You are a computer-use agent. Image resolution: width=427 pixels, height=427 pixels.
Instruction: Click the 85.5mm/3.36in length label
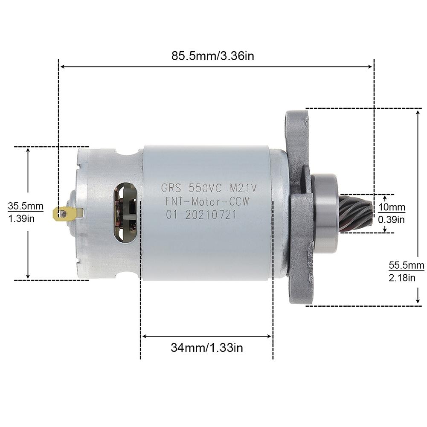212,56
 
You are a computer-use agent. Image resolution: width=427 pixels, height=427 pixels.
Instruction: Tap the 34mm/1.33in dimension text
207,348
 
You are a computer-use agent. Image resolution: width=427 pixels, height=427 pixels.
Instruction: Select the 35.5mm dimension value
26,206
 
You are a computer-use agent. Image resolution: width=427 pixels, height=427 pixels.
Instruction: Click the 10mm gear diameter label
392,208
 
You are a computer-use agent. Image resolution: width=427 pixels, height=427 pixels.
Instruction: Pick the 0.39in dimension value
392,220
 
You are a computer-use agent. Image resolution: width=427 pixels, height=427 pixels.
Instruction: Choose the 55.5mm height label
407,264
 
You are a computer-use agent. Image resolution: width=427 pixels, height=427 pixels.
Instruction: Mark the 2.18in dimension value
402,278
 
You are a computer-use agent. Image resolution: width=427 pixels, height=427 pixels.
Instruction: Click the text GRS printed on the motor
172,187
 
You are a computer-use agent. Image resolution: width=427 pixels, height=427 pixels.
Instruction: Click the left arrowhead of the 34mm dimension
144,336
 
